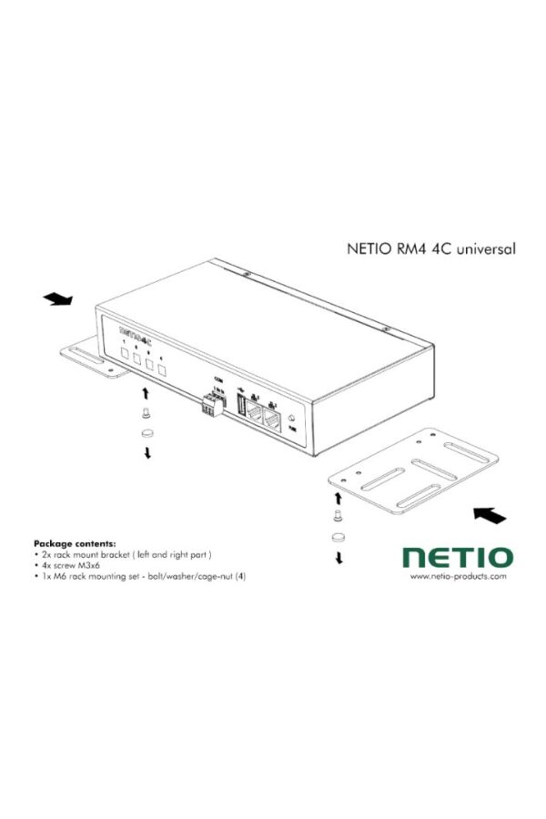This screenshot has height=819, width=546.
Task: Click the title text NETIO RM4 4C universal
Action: point(420,247)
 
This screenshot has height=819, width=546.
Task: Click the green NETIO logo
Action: point(458,555)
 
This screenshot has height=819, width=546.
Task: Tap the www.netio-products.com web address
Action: point(458,576)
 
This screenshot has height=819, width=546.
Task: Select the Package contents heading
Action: point(76,542)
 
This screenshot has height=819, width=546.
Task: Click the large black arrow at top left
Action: point(60,299)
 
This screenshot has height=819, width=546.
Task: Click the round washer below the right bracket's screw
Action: point(339,536)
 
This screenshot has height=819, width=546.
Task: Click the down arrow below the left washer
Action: point(147,453)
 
